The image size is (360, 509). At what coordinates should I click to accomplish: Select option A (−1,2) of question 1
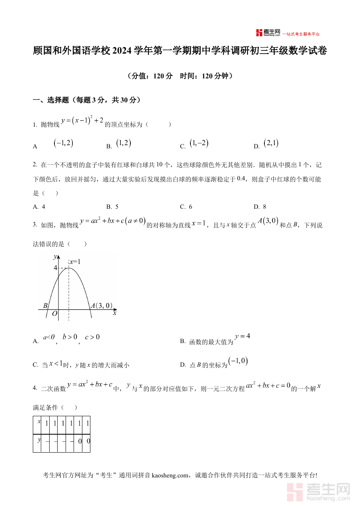pyautogui.click(x=63, y=144)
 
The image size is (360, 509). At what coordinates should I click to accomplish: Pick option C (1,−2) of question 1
pyautogui.click(x=199, y=144)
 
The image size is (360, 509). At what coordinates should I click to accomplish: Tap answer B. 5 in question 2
pyautogui.click(x=112, y=207)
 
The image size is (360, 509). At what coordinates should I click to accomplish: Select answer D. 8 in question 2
pyautogui.click(x=260, y=207)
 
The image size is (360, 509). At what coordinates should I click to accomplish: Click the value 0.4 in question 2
pyautogui.click(x=242, y=178)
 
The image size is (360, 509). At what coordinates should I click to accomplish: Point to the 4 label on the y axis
pyautogui.click(x=56, y=268)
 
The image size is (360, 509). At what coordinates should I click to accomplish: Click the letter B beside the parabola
pyautogui.click(x=46, y=306)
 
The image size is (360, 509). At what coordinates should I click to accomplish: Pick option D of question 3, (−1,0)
pyautogui.click(x=238, y=361)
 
